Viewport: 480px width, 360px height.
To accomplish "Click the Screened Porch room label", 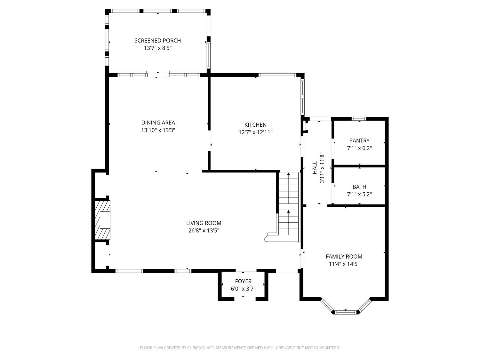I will point(157,41).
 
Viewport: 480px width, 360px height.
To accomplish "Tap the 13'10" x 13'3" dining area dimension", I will point(158,130).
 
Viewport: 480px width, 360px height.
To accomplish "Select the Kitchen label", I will point(255,125).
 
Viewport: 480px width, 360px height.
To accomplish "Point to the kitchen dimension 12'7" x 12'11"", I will point(255,132).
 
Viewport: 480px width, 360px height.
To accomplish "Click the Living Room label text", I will point(204,223).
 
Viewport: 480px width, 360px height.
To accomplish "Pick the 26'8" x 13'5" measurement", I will point(204,231).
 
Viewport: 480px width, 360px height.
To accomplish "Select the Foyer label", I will point(243,281).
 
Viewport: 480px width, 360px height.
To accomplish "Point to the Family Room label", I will point(344,256).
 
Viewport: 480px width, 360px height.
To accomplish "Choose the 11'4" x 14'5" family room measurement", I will point(344,264).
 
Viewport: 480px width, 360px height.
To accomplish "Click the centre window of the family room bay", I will point(345,312).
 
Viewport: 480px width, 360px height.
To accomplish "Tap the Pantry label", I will point(359,140).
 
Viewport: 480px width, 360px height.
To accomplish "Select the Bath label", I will point(359,187).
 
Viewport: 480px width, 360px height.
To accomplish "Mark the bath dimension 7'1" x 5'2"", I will point(359,194).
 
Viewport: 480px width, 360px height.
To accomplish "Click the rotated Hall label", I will point(315,168).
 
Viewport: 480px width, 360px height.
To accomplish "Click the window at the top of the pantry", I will point(359,119).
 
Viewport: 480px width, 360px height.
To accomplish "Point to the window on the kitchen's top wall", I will point(277,76).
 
